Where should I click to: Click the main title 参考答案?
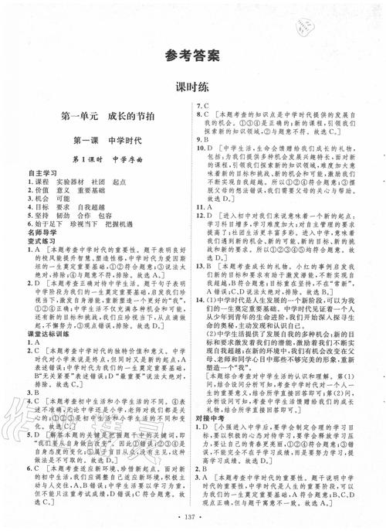[193, 56]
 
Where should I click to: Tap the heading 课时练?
[193, 87]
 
